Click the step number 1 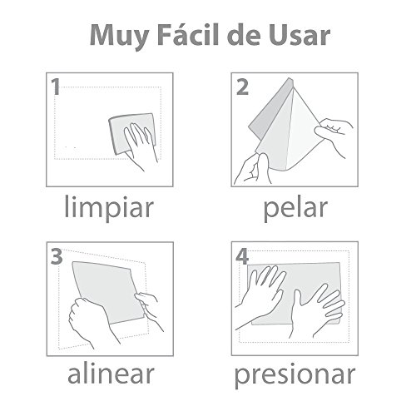56,87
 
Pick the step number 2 242,87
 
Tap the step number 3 57,256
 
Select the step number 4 242,256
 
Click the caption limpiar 109,208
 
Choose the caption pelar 295,209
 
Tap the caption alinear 111,373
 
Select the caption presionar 295,375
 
